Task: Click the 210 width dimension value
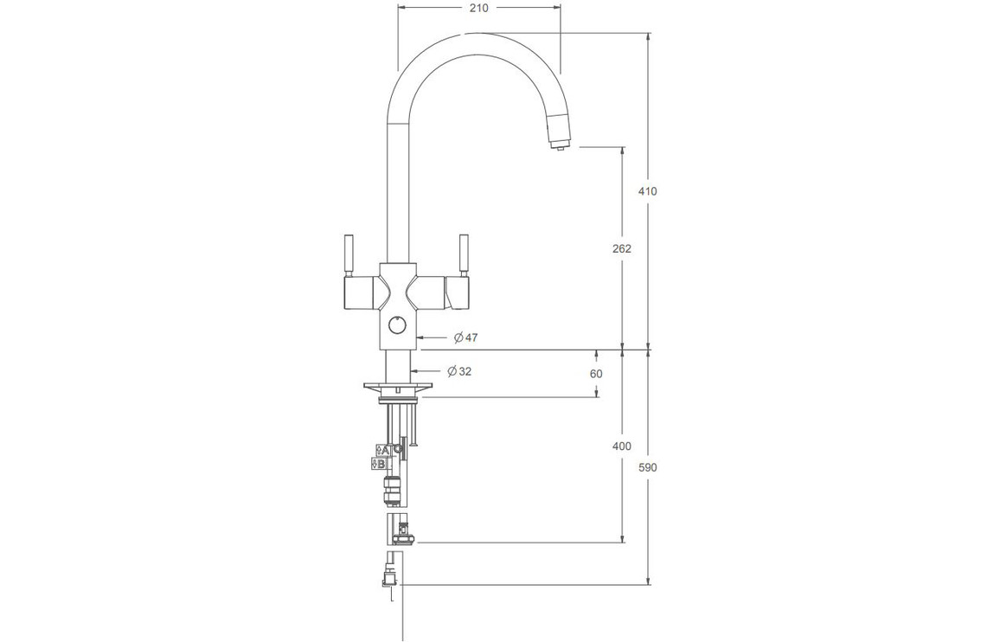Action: point(478,9)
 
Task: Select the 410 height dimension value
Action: point(647,191)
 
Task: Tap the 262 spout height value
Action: point(621,248)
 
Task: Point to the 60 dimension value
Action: point(596,374)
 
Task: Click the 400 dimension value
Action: point(621,446)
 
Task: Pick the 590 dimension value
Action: point(647,467)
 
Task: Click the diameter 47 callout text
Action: point(465,337)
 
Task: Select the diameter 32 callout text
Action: point(460,371)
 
